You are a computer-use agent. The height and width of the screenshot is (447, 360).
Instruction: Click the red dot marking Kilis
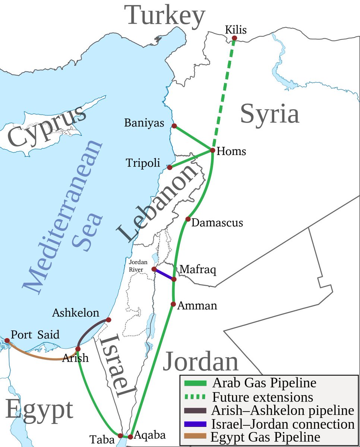pyautogui.click(x=234, y=38)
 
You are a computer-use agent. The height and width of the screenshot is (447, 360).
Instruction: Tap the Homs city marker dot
pyautogui.click(x=212, y=150)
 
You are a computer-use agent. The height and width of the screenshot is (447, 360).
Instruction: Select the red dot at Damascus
pyautogui.click(x=188, y=219)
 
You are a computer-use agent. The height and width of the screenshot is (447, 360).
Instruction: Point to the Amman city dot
pyautogui.click(x=173, y=304)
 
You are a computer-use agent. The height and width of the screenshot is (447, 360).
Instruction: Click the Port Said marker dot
pyautogui.click(x=7, y=340)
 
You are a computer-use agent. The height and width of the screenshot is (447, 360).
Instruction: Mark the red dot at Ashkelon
pyautogui.click(x=108, y=320)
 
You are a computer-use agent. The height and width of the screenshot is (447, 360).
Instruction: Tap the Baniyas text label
pyautogui.click(x=144, y=123)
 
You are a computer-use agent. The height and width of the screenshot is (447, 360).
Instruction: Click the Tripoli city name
pyautogui.click(x=143, y=163)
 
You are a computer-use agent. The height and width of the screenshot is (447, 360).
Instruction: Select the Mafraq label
pyautogui.click(x=198, y=269)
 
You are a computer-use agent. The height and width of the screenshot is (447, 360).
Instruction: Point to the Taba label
pyautogui.click(x=102, y=440)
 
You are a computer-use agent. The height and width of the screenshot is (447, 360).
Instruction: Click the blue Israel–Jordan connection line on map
pyautogui.click(x=164, y=274)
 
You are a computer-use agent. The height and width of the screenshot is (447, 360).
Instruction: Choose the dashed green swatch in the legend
pyautogui.click(x=195, y=396)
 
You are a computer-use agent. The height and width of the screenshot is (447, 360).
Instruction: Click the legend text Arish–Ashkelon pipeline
pyautogui.click(x=282, y=410)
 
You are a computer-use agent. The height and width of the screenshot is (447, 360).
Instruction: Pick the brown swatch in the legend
pyautogui.click(x=195, y=436)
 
